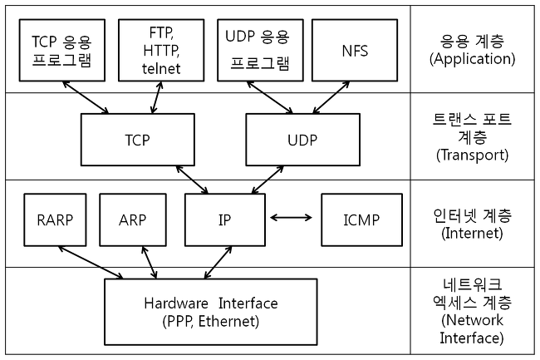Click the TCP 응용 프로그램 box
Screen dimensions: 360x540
click(x=61, y=51)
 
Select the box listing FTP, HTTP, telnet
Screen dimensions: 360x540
click(x=161, y=51)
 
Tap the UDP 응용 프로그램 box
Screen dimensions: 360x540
click(x=260, y=51)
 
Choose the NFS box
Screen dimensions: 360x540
click(x=355, y=51)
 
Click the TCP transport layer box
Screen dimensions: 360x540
click(x=137, y=140)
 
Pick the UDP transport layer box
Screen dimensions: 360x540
click(x=302, y=140)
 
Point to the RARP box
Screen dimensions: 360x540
click(x=55, y=220)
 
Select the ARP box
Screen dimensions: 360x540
click(x=132, y=220)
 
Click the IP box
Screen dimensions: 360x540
click(x=224, y=220)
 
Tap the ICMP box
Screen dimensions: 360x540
click(x=361, y=220)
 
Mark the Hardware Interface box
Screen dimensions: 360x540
click(x=210, y=312)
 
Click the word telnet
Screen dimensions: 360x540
click(x=161, y=69)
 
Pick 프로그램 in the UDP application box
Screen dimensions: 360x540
click(x=260, y=63)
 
